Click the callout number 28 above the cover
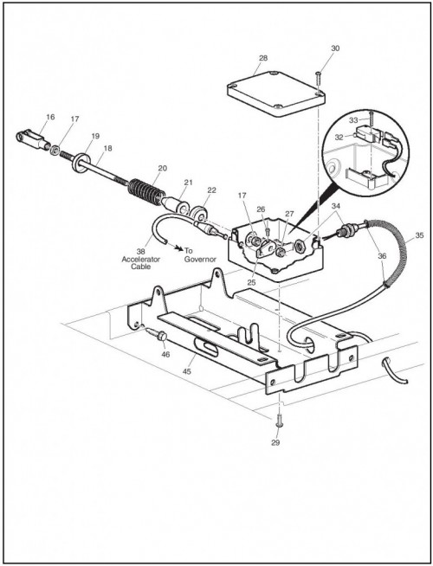(263, 58)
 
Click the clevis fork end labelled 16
(33, 139)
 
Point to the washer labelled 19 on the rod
(81, 163)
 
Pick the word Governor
(200, 259)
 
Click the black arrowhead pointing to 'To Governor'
(178, 248)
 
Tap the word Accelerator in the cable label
(141, 259)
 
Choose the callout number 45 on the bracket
(187, 371)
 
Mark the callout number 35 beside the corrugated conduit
(419, 235)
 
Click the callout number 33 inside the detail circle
(353, 120)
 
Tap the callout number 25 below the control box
(251, 283)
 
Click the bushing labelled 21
(177, 204)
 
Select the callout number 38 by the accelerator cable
(140, 252)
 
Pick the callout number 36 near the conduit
(382, 256)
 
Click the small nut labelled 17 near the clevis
(55, 150)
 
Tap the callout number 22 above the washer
(211, 190)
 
